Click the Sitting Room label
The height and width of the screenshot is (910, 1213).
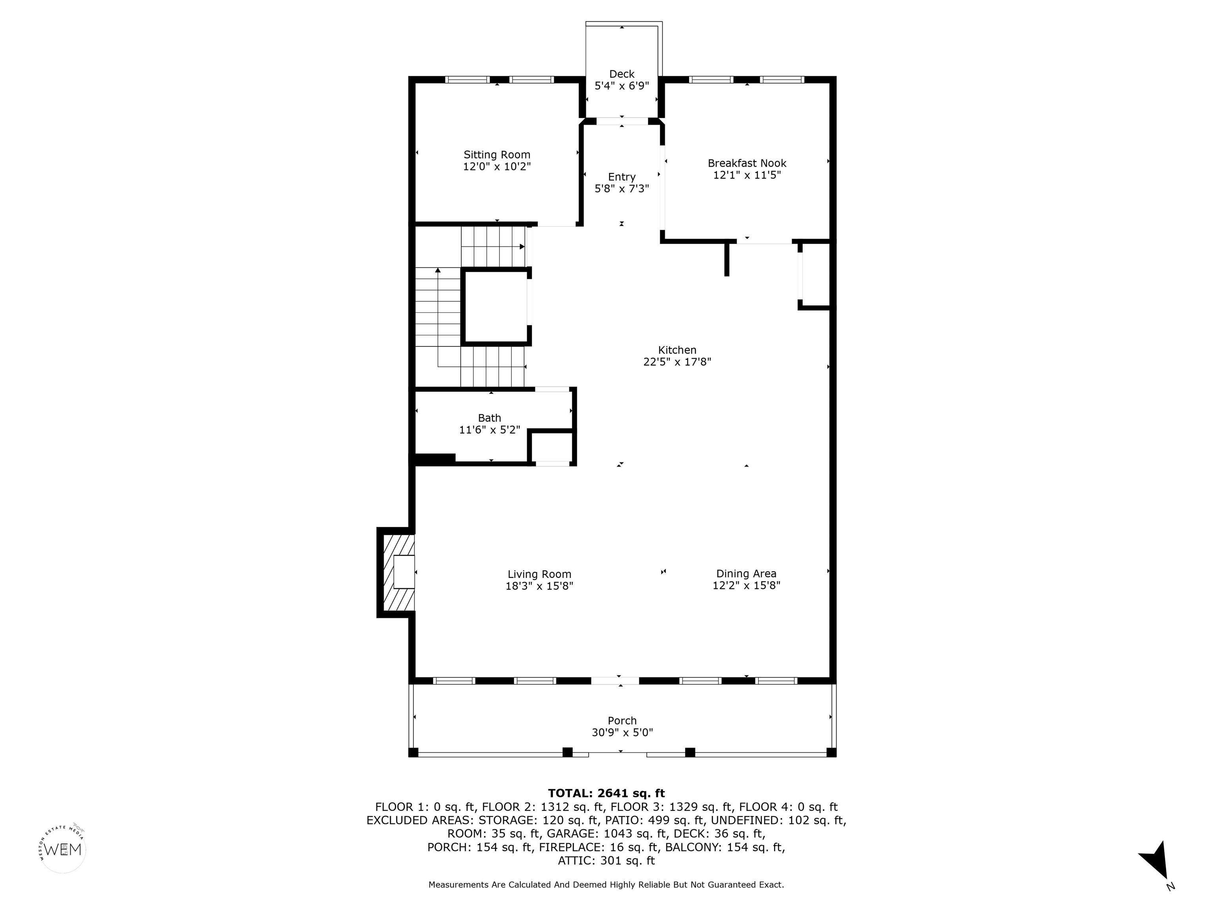[x=497, y=155]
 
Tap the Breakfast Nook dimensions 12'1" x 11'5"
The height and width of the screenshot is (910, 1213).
[x=747, y=175]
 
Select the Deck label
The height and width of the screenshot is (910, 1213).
[x=622, y=74]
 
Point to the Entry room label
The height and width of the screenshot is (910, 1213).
[x=622, y=177]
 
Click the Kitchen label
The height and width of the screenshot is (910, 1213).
[x=677, y=350]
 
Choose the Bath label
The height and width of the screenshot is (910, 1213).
[x=490, y=418]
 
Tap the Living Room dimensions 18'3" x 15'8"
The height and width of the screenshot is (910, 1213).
[x=540, y=586]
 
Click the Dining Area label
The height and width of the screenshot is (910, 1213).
[x=746, y=574]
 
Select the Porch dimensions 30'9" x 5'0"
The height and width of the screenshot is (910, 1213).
[x=622, y=732]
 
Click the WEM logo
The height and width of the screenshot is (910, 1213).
[x=63, y=849]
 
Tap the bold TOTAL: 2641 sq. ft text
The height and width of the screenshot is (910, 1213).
[x=606, y=793]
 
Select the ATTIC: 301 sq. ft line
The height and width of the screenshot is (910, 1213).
[x=606, y=861]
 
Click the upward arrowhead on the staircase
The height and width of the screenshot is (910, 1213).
[x=438, y=270]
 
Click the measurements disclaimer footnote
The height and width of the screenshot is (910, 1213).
[x=606, y=885]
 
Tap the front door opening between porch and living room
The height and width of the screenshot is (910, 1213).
[x=615, y=681]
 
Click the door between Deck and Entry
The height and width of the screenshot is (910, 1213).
[x=622, y=121]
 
